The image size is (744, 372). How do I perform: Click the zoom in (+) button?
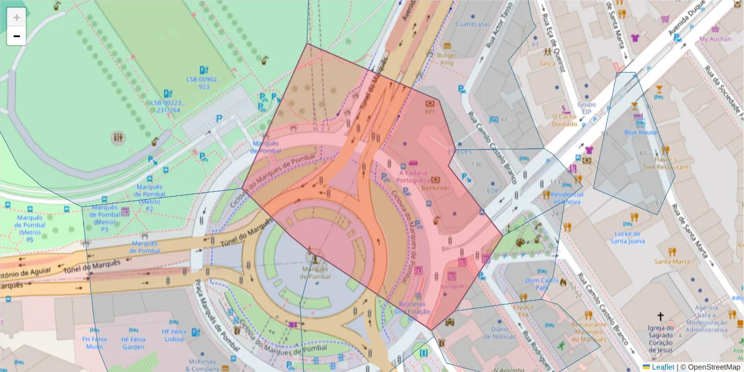click(x=16, y=17)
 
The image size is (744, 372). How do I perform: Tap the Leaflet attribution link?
click(x=662, y=366)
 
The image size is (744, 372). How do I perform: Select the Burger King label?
click(x=446, y=59)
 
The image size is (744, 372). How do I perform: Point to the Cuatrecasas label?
click(x=472, y=25)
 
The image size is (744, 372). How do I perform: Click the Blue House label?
click(x=641, y=132)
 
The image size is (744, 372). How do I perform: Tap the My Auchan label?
click(x=715, y=39)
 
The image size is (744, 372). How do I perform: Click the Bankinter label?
click(x=435, y=187)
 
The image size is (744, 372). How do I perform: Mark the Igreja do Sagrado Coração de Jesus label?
click(x=660, y=338)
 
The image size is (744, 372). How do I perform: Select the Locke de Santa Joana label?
click(x=628, y=237)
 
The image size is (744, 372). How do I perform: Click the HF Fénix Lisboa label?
click(x=173, y=335)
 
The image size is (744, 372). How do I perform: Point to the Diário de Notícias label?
click(x=503, y=333)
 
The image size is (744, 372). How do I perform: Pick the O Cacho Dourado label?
click(x=564, y=120)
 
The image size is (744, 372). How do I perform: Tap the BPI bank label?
click(x=430, y=112)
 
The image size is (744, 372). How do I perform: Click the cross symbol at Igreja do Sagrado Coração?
click(x=660, y=316)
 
